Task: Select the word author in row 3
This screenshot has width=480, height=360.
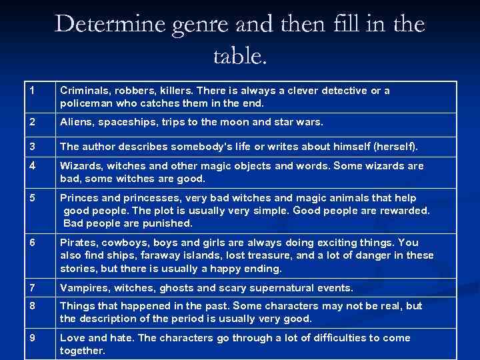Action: (101, 146)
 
